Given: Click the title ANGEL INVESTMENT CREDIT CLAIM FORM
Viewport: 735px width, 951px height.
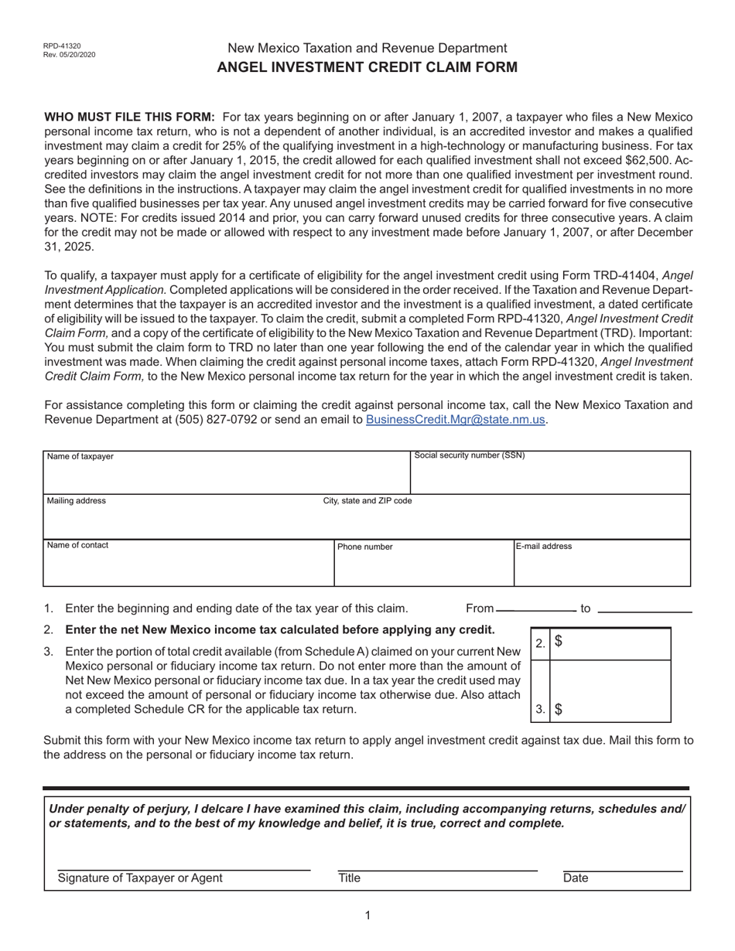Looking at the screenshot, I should click(367, 67).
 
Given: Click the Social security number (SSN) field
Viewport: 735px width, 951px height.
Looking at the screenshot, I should click(550, 476).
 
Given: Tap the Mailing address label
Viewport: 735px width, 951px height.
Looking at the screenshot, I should click(77, 501).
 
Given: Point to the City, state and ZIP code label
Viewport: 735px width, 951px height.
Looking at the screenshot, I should click(367, 501).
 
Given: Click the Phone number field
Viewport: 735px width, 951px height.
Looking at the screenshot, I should click(423, 568).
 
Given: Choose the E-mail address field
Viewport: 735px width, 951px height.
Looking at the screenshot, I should click(602, 568).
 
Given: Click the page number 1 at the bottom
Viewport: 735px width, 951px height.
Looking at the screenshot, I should click(367, 915).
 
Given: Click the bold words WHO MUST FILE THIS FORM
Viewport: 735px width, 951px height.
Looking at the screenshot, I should click(129, 117).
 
